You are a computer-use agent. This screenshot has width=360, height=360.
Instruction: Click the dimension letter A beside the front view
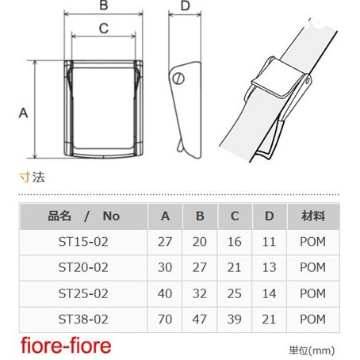pyautogui.click(x=23, y=113)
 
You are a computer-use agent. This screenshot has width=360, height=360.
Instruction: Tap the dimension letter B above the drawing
pyautogui.click(x=104, y=6)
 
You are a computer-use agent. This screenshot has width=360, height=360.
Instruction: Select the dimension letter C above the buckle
pyautogui.click(x=104, y=29)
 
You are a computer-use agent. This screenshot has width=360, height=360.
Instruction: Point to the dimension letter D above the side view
pyautogui.click(x=185, y=6)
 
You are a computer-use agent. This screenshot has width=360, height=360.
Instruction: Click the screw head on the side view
pyautogui.click(x=178, y=79)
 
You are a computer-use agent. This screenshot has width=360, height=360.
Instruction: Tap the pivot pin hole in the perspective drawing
pyautogui.click(x=307, y=80)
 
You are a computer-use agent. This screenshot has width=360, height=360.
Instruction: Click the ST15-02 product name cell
pyautogui.click(x=83, y=242)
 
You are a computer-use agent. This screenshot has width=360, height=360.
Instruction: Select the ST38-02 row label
pyautogui.click(x=83, y=320)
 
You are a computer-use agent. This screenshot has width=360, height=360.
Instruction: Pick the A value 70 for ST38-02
pyautogui.click(x=165, y=320)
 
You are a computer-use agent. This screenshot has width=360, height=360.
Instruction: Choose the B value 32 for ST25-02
pyautogui.click(x=200, y=293)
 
